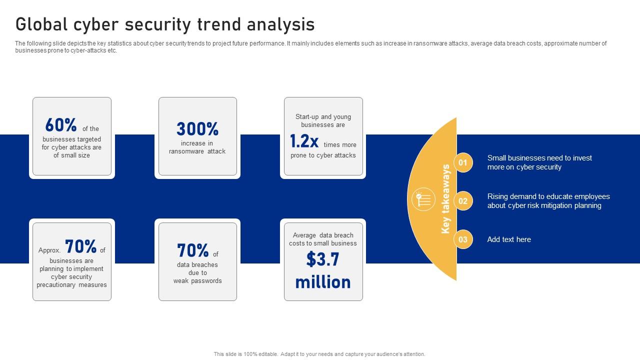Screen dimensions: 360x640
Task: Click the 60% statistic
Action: tap(61, 125)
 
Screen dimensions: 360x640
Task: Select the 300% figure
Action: tap(197, 129)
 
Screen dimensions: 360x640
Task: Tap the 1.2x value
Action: tap(304, 142)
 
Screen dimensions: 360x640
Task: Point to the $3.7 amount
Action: tap(322, 259)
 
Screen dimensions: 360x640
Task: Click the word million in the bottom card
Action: tap(322, 282)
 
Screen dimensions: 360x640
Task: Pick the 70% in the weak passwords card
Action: tap(193, 250)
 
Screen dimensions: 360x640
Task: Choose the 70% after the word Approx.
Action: tap(80, 247)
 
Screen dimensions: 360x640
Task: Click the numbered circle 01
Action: tap(463, 162)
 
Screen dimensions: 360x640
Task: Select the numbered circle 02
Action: tap(463, 201)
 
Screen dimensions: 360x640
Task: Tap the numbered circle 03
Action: tap(463, 239)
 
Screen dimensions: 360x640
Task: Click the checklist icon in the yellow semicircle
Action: tap(423, 199)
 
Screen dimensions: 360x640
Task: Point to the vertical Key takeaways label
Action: tap(445, 199)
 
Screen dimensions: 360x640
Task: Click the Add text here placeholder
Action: tap(509, 239)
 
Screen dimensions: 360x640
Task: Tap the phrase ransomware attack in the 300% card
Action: tap(197, 151)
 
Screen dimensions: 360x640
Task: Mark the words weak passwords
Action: tap(197, 281)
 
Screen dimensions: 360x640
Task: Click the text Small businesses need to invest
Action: tap(539, 158)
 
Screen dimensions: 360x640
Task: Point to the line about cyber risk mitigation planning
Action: tap(544, 205)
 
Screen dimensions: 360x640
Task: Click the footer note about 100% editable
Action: tap(319, 354)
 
